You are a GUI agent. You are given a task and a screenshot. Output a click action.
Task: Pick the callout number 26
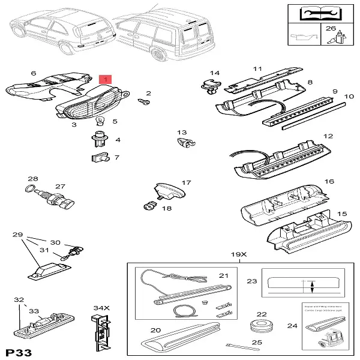pyautogui.click(x=331, y=28)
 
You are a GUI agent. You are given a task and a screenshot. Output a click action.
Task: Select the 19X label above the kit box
pyautogui.click(x=239, y=255)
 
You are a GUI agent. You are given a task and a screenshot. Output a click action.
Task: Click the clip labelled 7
pyautogui.click(x=99, y=158)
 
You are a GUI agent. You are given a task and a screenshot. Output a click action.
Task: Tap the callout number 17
pyautogui.click(x=186, y=182)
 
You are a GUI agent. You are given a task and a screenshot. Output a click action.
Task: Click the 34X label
pyautogui.click(x=98, y=308)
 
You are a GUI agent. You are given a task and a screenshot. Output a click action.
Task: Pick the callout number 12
pyautogui.click(x=328, y=136)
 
